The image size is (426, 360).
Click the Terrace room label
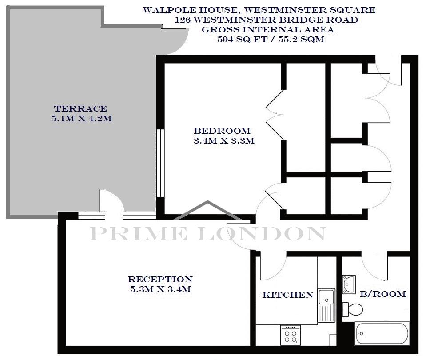(80, 109)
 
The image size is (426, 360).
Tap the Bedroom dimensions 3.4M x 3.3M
(224, 141)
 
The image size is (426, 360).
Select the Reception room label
(160, 279)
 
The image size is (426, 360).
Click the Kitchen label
(288, 295)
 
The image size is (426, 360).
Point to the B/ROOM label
(383, 294)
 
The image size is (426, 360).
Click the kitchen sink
(326, 305)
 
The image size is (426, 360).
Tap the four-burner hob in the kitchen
(291, 334)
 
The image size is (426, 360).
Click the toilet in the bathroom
(352, 308)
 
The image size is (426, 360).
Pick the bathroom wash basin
(349, 284)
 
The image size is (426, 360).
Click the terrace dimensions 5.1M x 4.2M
(81, 119)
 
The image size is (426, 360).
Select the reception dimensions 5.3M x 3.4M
(160, 289)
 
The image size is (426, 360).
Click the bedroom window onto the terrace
(161, 163)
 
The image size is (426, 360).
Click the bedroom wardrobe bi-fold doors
(275, 115)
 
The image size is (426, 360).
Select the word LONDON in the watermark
(262, 234)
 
